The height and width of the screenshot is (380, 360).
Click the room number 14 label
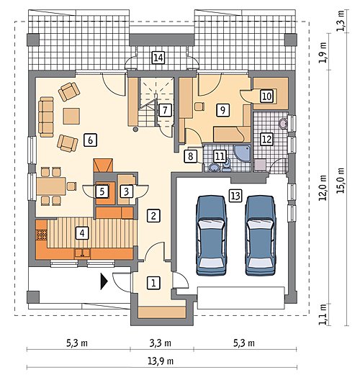(x=158, y=58)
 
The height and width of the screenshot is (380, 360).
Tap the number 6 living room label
(x=90, y=140)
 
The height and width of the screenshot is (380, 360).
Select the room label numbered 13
(x=235, y=195)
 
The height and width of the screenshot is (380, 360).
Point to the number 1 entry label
(x=153, y=283)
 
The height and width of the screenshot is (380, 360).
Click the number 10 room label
(x=266, y=96)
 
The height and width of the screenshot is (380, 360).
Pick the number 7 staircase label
(x=165, y=110)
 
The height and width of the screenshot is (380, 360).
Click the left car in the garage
(x=212, y=235)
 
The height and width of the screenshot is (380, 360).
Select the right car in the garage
(x=261, y=235)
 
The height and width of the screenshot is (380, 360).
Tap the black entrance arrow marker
(x=104, y=281)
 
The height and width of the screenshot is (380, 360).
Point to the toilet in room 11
(x=227, y=166)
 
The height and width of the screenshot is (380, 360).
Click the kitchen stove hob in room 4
(x=42, y=235)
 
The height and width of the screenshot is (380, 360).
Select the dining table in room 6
(x=51, y=186)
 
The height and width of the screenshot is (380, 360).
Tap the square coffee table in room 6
(x=71, y=116)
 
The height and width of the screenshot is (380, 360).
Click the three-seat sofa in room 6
(x=46, y=117)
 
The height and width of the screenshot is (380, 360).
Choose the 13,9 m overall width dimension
(x=161, y=361)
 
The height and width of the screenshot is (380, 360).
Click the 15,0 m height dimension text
(x=341, y=181)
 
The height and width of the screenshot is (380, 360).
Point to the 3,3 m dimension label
(x=161, y=343)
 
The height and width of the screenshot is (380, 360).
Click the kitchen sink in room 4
(x=82, y=253)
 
